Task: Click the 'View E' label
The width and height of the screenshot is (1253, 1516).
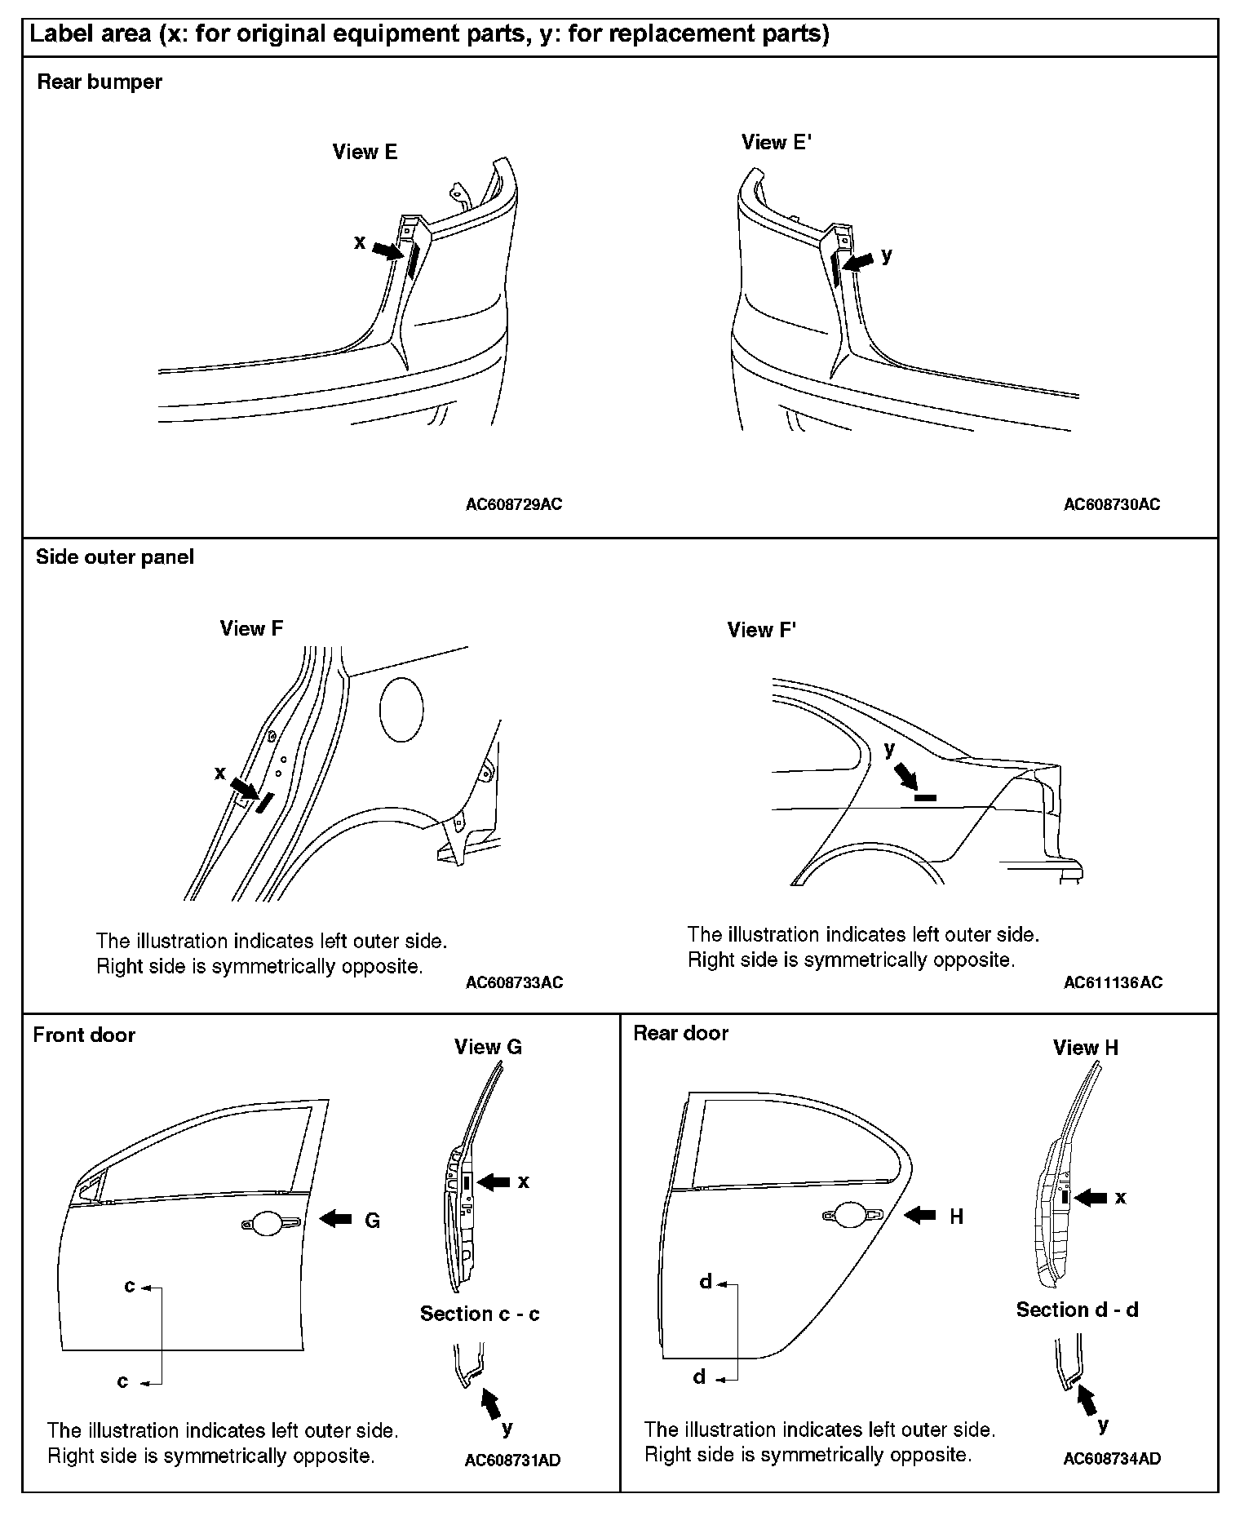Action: click(365, 152)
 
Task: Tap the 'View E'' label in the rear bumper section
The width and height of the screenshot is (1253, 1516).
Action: click(776, 142)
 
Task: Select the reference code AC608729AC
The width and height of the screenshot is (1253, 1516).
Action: click(514, 504)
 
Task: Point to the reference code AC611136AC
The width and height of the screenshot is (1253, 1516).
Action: click(1113, 982)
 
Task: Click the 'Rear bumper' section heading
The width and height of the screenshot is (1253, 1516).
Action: click(100, 82)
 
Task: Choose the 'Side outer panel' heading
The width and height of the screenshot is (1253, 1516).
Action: click(115, 557)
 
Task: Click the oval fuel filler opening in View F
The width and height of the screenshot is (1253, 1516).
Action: click(401, 709)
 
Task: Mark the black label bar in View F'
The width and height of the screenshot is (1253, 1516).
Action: click(924, 797)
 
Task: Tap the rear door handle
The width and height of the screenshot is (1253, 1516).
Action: click(852, 1216)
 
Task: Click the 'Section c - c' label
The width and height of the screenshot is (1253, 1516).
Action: click(480, 1314)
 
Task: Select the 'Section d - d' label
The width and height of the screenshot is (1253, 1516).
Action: click(1077, 1310)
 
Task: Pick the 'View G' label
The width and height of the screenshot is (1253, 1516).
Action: click(488, 1047)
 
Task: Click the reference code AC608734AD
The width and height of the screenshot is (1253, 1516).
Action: click(1112, 1458)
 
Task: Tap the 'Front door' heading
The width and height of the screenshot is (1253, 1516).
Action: click(84, 1035)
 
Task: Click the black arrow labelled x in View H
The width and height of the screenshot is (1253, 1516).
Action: click(1091, 1198)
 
